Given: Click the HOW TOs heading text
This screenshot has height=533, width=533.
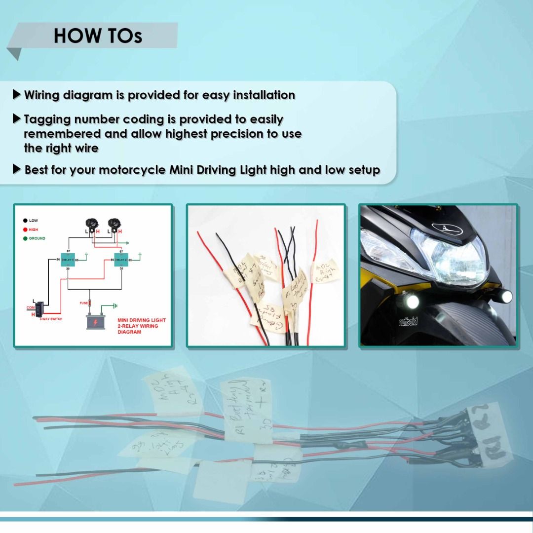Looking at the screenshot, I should pyautogui.click(x=98, y=36).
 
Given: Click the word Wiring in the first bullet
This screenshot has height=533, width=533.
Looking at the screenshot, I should pyautogui.click(x=44, y=95).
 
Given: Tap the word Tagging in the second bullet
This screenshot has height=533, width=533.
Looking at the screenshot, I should pyautogui.click(x=47, y=119).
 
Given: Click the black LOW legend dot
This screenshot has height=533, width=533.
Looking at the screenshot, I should pyautogui.click(x=24, y=221).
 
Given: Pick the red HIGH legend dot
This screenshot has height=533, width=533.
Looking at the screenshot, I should pyautogui.click(x=24, y=229).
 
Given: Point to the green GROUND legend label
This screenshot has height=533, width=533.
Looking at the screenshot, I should pyautogui.click(x=37, y=238).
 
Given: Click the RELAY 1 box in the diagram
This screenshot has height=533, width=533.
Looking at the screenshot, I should pyautogui.click(x=68, y=260).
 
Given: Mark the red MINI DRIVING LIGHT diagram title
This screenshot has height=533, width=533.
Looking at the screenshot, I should pyautogui.click(x=141, y=326).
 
